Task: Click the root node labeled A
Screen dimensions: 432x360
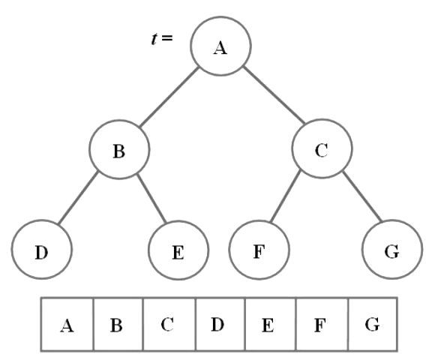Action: click(220, 46)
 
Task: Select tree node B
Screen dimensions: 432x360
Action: click(119, 149)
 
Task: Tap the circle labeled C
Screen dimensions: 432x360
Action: click(322, 148)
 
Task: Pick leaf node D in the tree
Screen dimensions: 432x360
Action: click(42, 250)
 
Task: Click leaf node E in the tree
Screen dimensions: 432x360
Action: click(178, 250)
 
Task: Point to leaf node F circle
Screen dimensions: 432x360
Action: click(259, 250)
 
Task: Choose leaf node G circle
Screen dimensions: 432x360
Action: click(392, 250)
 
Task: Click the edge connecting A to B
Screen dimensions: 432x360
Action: click(169, 97)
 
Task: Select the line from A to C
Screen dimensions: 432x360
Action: click(274, 95)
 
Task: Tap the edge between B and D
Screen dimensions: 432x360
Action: click(78, 197)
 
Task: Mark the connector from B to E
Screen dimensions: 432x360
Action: click(151, 198)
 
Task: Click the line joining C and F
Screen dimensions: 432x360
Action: click(285, 196)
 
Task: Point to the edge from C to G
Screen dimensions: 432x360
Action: click(362, 196)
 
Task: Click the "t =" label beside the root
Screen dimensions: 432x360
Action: click(162, 38)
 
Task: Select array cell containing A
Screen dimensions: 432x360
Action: click(67, 324)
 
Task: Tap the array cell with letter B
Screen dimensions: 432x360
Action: click(118, 324)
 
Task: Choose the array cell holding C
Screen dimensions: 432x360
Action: click(169, 324)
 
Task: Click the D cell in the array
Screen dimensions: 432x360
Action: click(220, 324)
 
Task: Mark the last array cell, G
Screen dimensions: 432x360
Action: click(373, 324)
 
